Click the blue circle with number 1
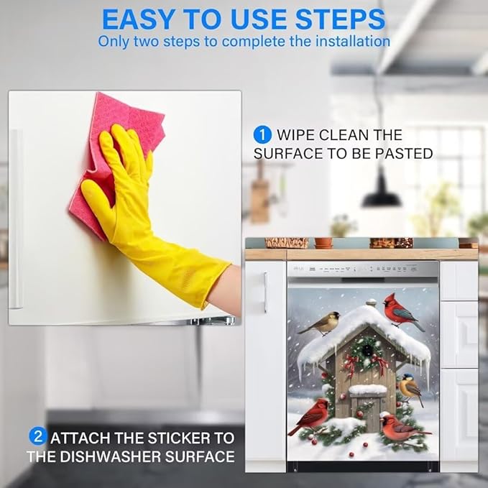(262, 135)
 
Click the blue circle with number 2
(37, 436)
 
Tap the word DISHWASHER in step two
(110, 456)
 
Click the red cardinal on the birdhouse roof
(401, 312)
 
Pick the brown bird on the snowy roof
(321, 323)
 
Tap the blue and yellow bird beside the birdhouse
(410, 388)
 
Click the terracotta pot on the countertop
(323, 242)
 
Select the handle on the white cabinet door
(265, 293)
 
